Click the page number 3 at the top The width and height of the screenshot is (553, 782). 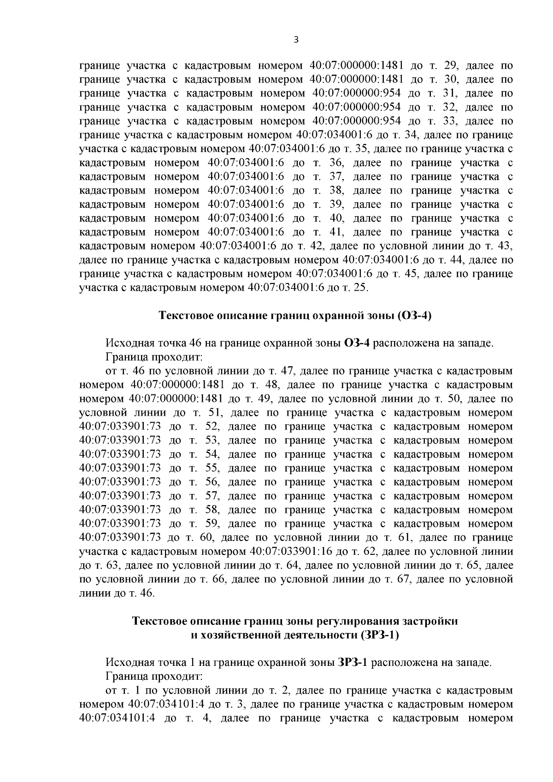coord(296,40)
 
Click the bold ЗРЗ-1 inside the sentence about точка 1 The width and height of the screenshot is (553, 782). coord(352,663)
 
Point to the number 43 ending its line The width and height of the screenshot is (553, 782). coord(505,246)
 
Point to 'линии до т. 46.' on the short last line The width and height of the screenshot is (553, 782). coord(117,593)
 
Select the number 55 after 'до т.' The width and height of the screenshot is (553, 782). coord(211,468)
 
